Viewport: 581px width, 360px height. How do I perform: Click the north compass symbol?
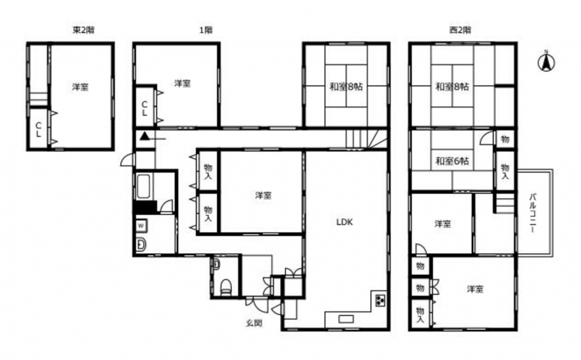[x=546, y=62]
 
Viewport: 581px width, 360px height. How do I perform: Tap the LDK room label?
[x=344, y=222]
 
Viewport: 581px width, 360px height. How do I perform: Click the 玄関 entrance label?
[x=254, y=323]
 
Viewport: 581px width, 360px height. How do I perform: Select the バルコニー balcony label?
[x=532, y=213]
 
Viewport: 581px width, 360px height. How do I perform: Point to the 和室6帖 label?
[x=452, y=161]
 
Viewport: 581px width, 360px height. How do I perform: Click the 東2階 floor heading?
[x=83, y=30]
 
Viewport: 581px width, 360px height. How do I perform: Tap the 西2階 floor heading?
[x=460, y=30]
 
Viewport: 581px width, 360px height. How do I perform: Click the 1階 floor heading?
[x=206, y=30]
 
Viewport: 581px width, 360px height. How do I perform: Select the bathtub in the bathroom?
[x=144, y=186]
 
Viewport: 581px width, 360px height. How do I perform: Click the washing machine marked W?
[x=141, y=225]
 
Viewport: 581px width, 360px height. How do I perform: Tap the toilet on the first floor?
[x=226, y=287]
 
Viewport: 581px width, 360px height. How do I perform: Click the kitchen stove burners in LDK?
[x=380, y=300]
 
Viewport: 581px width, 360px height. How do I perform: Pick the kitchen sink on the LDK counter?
[x=346, y=319]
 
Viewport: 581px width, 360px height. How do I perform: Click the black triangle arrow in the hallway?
[x=145, y=136]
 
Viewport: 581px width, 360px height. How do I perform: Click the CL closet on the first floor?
[x=145, y=107]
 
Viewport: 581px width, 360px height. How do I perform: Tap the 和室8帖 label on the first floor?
[x=346, y=87]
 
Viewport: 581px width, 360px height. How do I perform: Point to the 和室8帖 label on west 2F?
[x=452, y=87]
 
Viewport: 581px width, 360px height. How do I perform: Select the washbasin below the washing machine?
[x=141, y=244]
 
